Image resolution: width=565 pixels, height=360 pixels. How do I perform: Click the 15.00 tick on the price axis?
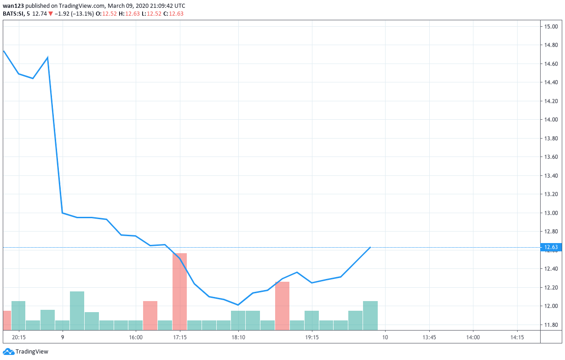point(551,27)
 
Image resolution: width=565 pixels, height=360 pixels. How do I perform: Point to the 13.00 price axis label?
point(551,213)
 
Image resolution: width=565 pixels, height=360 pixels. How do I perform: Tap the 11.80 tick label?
point(551,325)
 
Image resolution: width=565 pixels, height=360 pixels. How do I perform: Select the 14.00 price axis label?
point(551,119)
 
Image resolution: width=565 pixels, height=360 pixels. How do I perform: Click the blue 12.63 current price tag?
point(551,247)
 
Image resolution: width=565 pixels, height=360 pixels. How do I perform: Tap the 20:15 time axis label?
point(19,337)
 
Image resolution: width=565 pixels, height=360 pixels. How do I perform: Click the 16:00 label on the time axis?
point(136,337)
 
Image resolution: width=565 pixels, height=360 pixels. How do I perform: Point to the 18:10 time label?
point(238,337)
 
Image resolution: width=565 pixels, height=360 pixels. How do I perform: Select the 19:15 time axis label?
point(312,337)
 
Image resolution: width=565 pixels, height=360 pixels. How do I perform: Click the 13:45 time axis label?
point(429,337)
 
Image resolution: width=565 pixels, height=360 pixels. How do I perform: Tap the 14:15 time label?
point(517,337)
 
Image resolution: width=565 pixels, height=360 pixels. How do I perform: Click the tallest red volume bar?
point(179,291)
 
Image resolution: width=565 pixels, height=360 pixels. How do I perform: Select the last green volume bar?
point(370,315)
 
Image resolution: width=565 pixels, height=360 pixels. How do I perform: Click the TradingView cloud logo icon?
point(9,351)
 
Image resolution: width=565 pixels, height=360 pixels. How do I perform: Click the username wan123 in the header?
point(13,6)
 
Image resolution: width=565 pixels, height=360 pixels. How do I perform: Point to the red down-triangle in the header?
point(51,14)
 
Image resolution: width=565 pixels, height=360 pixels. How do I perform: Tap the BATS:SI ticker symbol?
point(13,14)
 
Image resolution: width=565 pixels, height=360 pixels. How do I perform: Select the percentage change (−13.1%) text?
point(82,14)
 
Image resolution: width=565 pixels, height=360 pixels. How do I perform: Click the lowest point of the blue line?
point(238,305)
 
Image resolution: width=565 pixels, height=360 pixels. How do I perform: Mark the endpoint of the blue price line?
point(370,247)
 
